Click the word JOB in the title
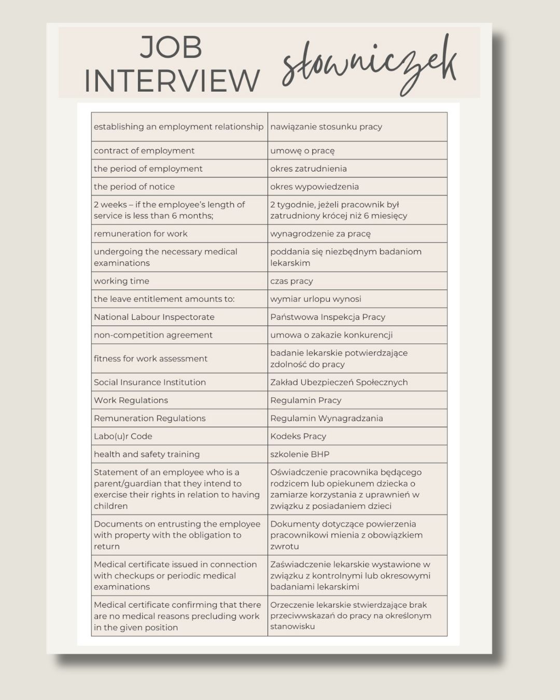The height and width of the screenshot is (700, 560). [171, 47]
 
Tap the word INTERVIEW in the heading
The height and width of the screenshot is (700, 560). [172, 81]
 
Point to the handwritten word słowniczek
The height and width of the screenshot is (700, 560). [369, 66]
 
